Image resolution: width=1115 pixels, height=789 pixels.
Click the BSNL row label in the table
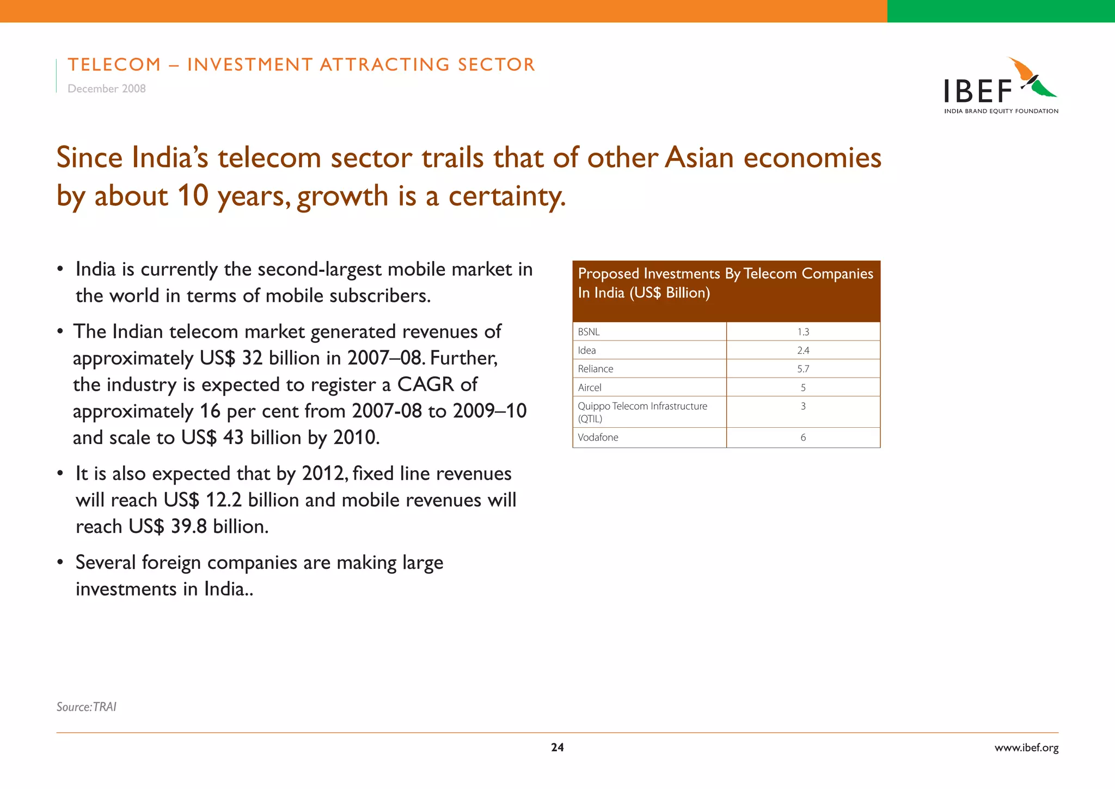[589, 332]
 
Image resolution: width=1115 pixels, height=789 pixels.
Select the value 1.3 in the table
[803, 332]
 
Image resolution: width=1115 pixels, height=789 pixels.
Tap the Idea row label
[587, 350]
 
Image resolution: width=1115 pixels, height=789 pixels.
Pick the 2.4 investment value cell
[803, 350]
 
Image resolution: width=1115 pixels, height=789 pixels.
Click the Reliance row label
[595, 369]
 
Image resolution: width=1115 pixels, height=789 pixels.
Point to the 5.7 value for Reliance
[803, 369]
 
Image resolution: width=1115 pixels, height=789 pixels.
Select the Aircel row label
[590, 387]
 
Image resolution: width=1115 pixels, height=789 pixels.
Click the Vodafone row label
[598, 438]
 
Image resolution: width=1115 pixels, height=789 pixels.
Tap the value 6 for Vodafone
[803, 438]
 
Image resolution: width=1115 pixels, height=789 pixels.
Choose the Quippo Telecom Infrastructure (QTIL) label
[642, 412]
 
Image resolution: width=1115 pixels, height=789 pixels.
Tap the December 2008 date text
[107, 89]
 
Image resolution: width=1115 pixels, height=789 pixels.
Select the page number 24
[557, 748]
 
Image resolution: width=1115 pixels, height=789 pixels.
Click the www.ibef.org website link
[1026, 748]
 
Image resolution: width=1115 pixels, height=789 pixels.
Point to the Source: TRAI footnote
[87, 707]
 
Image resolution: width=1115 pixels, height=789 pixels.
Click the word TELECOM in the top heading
[114, 64]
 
